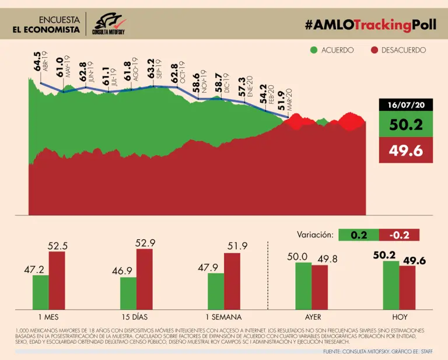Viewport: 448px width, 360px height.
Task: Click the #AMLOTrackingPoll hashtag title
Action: click(366, 25)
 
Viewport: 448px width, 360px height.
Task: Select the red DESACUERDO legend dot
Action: click(375, 50)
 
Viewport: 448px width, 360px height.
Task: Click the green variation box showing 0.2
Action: click(358, 235)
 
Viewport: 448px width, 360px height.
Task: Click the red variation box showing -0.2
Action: click(399, 235)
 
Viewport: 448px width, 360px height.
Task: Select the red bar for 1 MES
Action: click(57, 281)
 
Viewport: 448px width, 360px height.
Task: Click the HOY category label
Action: click(399, 317)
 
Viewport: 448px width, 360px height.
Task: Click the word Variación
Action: click(316, 235)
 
